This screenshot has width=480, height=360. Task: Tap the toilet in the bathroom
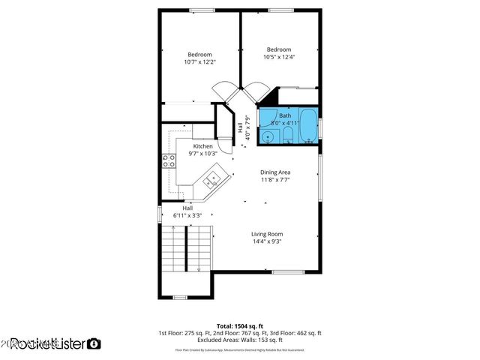(x=287, y=136)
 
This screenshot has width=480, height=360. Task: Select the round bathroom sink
(x=268, y=136)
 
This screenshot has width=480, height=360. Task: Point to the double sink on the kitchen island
(x=212, y=178)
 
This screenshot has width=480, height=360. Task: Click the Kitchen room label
(x=203, y=146)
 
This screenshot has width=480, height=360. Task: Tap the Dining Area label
(x=275, y=172)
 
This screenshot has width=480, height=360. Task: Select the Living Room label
(x=267, y=234)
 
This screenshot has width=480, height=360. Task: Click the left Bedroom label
(x=199, y=55)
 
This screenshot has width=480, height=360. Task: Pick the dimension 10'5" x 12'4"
(x=279, y=57)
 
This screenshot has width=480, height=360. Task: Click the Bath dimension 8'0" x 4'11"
(x=285, y=122)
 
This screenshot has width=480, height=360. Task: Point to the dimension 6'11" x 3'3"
(x=187, y=215)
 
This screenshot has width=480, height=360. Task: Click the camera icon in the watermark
(x=94, y=343)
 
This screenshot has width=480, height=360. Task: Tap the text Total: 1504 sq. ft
(x=239, y=325)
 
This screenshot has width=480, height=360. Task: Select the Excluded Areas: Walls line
(x=239, y=340)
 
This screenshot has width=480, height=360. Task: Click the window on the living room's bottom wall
(x=286, y=271)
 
